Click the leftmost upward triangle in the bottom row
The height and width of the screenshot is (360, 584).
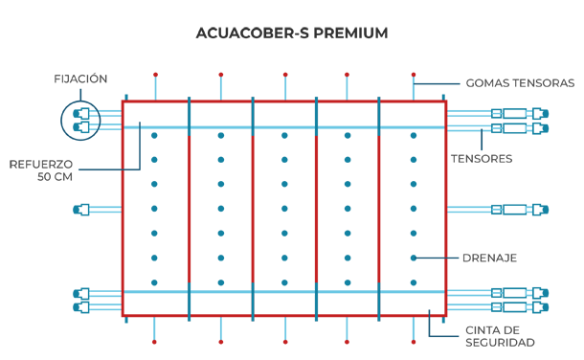coord(156,327)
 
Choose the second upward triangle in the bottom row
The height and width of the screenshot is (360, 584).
coord(220,327)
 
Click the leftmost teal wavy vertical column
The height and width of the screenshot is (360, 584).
coord(157,209)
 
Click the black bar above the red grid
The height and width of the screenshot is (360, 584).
coord(292,43)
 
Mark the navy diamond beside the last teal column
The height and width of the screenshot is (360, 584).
coord(431,257)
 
